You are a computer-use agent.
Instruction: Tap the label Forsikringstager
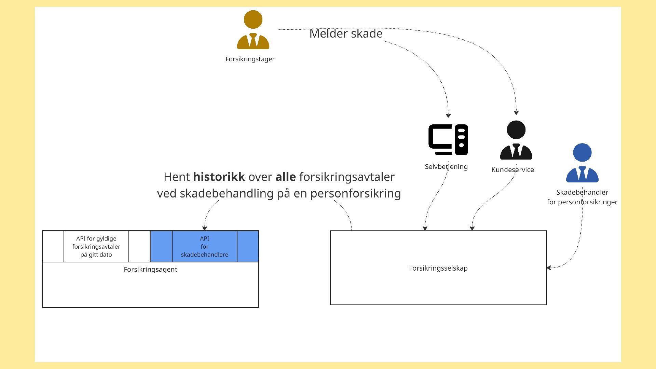(250, 59)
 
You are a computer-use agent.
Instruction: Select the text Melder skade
(346, 33)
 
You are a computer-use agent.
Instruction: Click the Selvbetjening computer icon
(448, 140)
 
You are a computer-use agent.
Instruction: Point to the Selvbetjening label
(446, 167)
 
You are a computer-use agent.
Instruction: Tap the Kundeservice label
(512, 170)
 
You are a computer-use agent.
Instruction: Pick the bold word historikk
(219, 177)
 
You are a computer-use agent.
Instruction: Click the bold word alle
(286, 177)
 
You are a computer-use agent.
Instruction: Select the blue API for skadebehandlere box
(205, 246)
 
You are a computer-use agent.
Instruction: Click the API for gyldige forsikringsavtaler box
(96, 246)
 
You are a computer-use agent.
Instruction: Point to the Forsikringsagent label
(150, 269)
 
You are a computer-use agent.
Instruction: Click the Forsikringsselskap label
(438, 268)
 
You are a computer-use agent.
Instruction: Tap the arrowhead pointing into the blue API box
(205, 228)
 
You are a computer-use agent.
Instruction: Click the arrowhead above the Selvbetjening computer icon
(448, 115)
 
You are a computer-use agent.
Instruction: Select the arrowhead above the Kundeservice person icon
(516, 112)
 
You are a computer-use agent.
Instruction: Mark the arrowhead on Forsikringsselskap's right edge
(549, 268)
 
